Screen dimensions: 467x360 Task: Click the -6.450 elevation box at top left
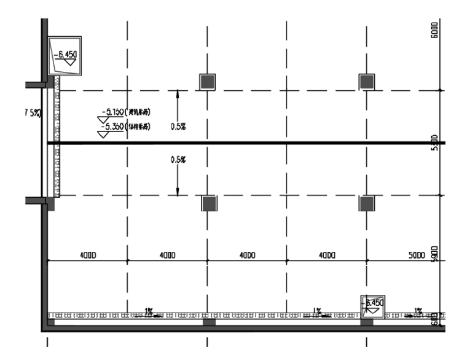coord(65,56)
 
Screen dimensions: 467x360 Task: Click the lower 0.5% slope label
coord(178,159)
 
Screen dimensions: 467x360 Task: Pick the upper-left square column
coord(208,81)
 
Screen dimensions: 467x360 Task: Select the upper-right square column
coord(367,81)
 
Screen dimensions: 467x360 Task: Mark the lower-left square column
coord(209,203)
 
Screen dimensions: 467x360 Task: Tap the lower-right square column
coord(367,203)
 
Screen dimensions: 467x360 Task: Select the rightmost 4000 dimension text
coord(327,255)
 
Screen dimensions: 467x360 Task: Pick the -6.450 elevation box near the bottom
coord(372,304)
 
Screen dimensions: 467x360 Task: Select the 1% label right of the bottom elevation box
coord(418,311)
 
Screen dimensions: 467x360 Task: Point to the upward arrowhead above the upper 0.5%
coord(178,93)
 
